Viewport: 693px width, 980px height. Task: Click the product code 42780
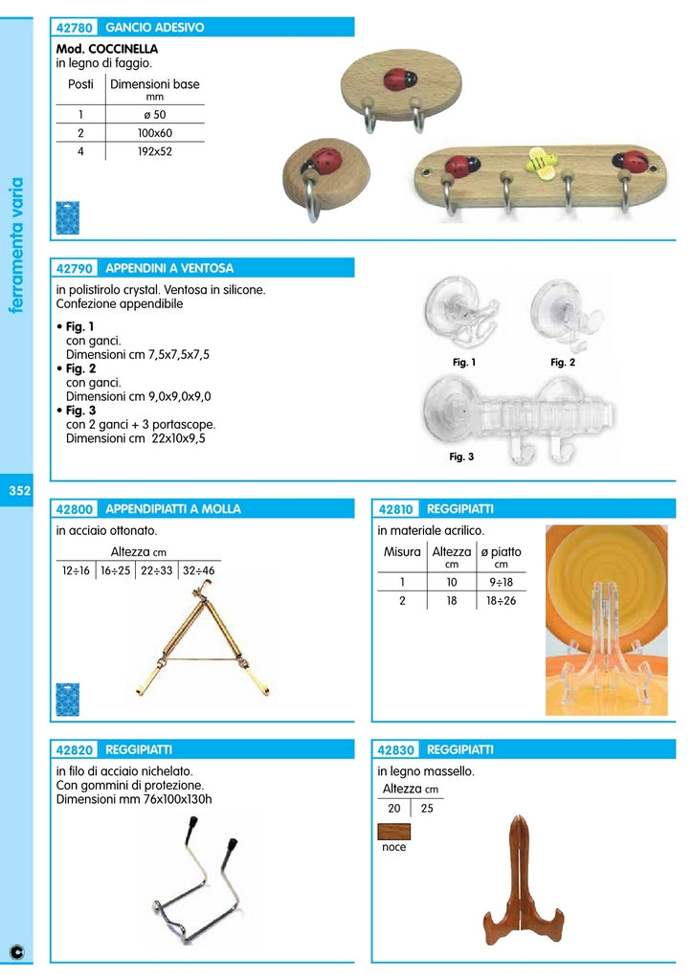click(x=75, y=28)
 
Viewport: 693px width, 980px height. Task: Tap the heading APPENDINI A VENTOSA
click(x=169, y=268)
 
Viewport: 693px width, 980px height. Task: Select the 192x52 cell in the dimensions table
click(x=154, y=151)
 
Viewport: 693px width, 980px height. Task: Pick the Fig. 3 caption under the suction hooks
click(x=461, y=457)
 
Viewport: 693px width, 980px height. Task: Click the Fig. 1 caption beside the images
click(x=464, y=363)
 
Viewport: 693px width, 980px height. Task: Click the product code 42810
click(x=396, y=509)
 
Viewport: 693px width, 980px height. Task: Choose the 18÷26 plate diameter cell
click(x=501, y=601)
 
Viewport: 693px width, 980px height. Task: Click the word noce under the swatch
click(x=393, y=847)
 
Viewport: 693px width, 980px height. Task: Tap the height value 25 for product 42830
click(x=426, y=808)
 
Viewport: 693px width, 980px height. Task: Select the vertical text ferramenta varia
click(x=16, y=244)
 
